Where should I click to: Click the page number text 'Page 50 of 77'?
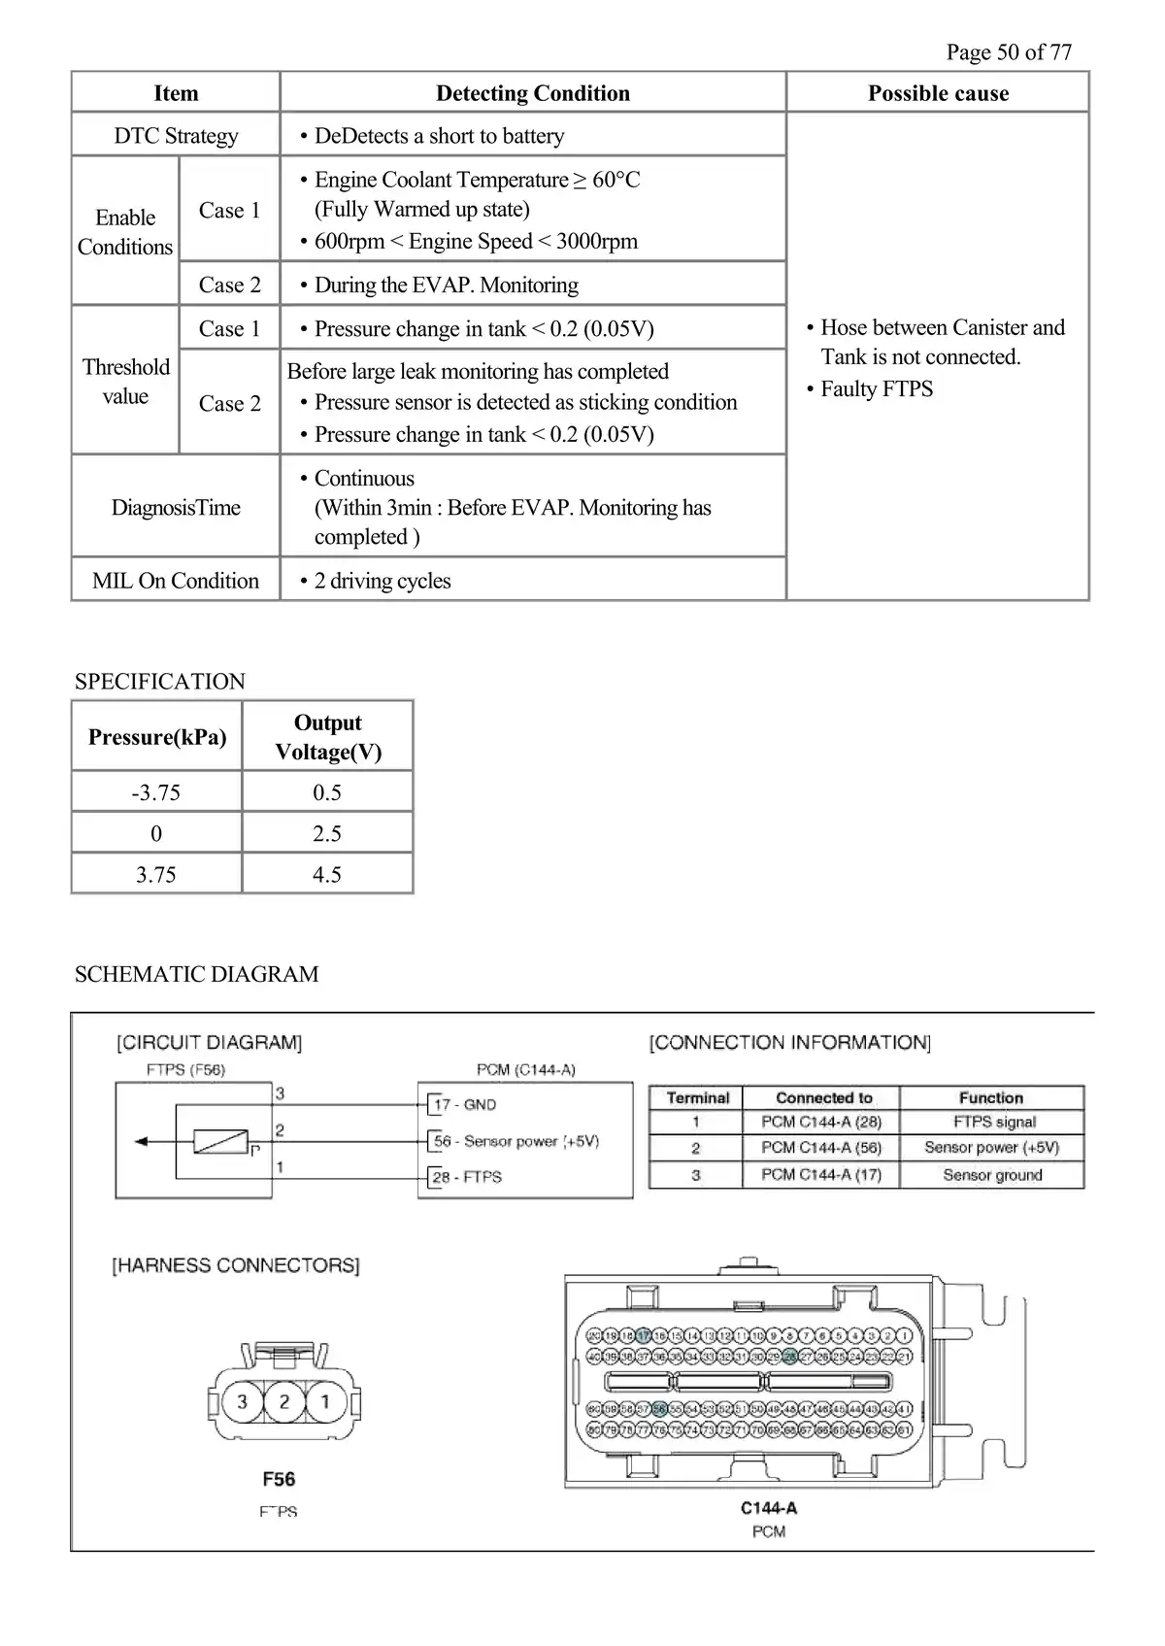pyautogui.click(x=1009, y=52)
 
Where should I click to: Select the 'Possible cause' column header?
pyautogui.click(x=938, y=93)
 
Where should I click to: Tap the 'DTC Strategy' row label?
pyautogui.click(x=176, y=136)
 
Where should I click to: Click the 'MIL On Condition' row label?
pyautogui.click(x=176, y=581)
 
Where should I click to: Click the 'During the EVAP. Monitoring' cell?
pyautogui.click(x=446, y=285)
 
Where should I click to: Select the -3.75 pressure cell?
pyautogui.click(x=156, y=792)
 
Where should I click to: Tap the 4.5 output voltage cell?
pyautogui.click(x=327, y=874)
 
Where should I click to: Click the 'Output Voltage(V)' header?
pyautogui.click(x=327, y=737)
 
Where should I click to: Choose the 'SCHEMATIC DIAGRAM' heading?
pyautogui.click(x=196, y=974)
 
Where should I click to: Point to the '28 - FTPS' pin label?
pyautogui.click(x=467, y=1177)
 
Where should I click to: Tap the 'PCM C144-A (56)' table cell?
pyautogui.click(x=821, y=1148)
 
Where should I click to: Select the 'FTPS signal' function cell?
pyautogui.click(x=992, y=1123)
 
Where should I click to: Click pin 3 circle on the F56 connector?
pyautogui.click(x=242, y=1401)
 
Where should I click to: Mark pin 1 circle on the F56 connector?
pyautogui.click(x=325, y=1401)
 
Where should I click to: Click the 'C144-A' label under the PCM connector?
pyautogui.click(x=769, y=1508)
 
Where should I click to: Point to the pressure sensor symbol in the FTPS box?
pyautogui.click(x=221, y=1142)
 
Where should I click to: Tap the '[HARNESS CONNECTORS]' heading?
pyautogui.click(x=236, y=1265)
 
